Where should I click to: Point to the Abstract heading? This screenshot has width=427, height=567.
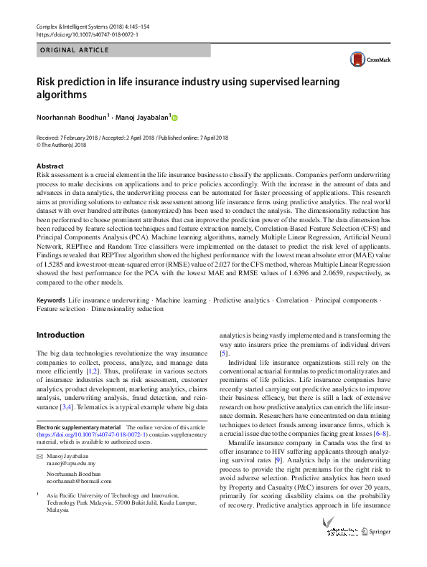pyautogui.click(x=50, y=166)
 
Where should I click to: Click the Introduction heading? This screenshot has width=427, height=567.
pyautogui.click(x=60, y=335)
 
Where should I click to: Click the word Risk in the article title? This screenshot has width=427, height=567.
pyautogui.click(x=47, y=82)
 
